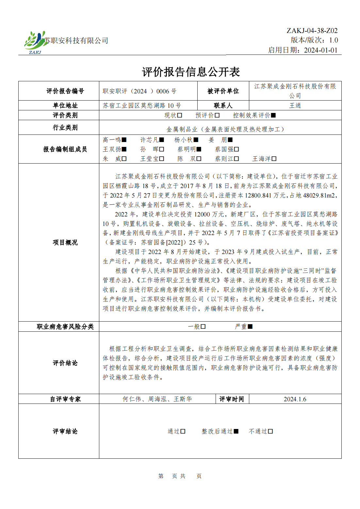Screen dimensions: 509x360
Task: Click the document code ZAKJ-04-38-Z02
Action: pos(312,31)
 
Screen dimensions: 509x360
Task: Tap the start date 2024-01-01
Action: pos(320,50)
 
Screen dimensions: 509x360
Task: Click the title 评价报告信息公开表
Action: pos(191,72)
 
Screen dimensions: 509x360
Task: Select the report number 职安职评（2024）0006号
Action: pos(139,91)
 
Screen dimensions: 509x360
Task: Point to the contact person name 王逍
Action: pos(295,105)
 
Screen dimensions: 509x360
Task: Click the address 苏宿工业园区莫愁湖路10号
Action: pos(142,105)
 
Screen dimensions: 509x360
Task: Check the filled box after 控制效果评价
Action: pos(273,115)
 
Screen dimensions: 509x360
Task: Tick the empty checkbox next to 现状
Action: pos(180,115)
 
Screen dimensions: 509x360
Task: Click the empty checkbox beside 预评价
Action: pos(217,115)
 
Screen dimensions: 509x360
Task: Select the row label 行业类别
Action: pos(65,127)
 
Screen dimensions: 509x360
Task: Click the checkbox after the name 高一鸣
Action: pos(124,140)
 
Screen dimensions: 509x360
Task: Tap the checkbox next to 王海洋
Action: pos(274,159)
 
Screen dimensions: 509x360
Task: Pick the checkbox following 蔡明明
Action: pos(199,149)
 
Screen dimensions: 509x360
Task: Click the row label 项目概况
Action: pos(65,242)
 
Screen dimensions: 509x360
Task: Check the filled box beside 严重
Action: pos(250,326)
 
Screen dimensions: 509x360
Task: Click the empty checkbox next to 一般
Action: pos(203,326)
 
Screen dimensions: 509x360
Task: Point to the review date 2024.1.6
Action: pos(295,399)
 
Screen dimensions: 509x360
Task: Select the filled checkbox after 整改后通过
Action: pos(236,431)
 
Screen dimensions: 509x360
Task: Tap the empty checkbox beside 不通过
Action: pos(270,431)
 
